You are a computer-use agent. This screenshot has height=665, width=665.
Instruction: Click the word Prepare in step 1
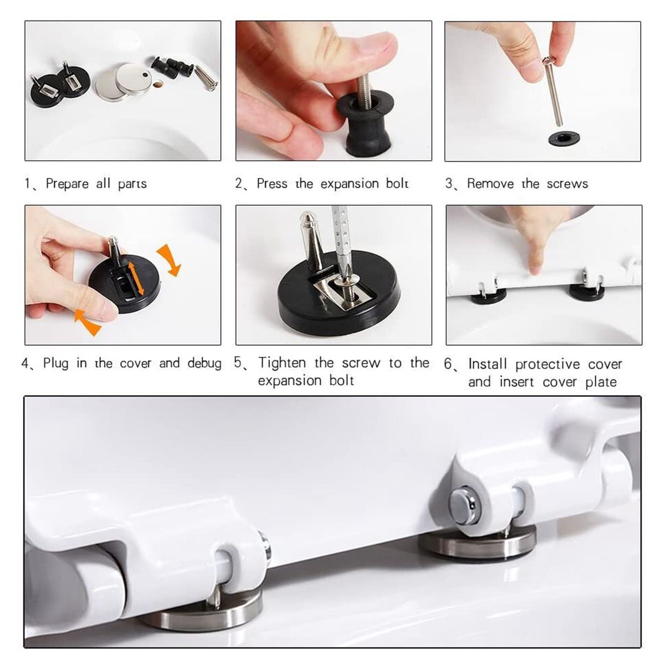click(x=67, y=184)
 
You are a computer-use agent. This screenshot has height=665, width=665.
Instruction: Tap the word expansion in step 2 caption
click(x=349, y=184)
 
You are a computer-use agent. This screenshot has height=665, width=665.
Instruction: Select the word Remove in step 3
click(x=490, y=183)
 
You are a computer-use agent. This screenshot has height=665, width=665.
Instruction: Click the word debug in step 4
click(x=204, y=364)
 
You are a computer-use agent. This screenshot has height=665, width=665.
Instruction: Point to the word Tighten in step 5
click(x=282, y=362)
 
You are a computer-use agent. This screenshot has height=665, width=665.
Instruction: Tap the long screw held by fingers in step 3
click(x=552, y=91)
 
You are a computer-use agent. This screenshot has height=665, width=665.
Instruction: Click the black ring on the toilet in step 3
click(x=564, y=139)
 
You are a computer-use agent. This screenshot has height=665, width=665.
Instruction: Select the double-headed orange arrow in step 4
click(x=135, y=279)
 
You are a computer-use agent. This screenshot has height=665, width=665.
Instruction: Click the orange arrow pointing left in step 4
click(x=88, y=321)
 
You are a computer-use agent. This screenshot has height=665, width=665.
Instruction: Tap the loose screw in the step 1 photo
click(x=206, y=78)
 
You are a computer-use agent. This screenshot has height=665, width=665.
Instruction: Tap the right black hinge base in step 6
click(x=587, y=292)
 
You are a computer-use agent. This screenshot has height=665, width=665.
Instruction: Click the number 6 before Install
click(x=448, y=364)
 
